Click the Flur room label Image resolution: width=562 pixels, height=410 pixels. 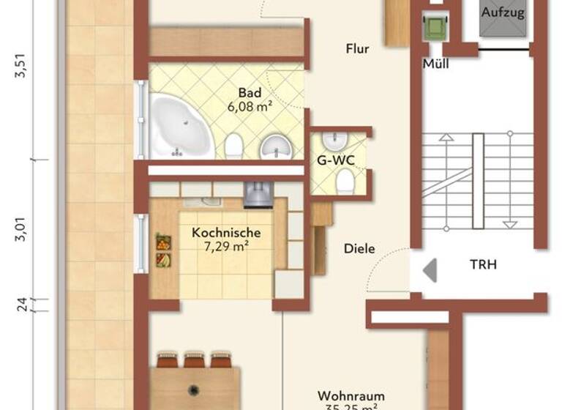pos(358,50)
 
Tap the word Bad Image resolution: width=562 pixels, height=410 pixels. pos(249,93)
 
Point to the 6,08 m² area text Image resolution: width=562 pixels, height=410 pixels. pos(250,106)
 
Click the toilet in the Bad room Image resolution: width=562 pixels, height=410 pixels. pos(234,146)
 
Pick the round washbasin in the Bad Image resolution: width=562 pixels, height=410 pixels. pos(275,146)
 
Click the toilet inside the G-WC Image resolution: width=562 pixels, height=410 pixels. pos(345,180)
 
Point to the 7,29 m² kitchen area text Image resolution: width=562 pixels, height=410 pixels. pos(225,246)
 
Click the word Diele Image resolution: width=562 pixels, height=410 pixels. pos(359,249)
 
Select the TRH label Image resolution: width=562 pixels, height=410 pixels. pos(483,264)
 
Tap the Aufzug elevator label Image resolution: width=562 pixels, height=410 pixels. pos(503,12)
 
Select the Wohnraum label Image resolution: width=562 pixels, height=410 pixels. pos(351,396)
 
